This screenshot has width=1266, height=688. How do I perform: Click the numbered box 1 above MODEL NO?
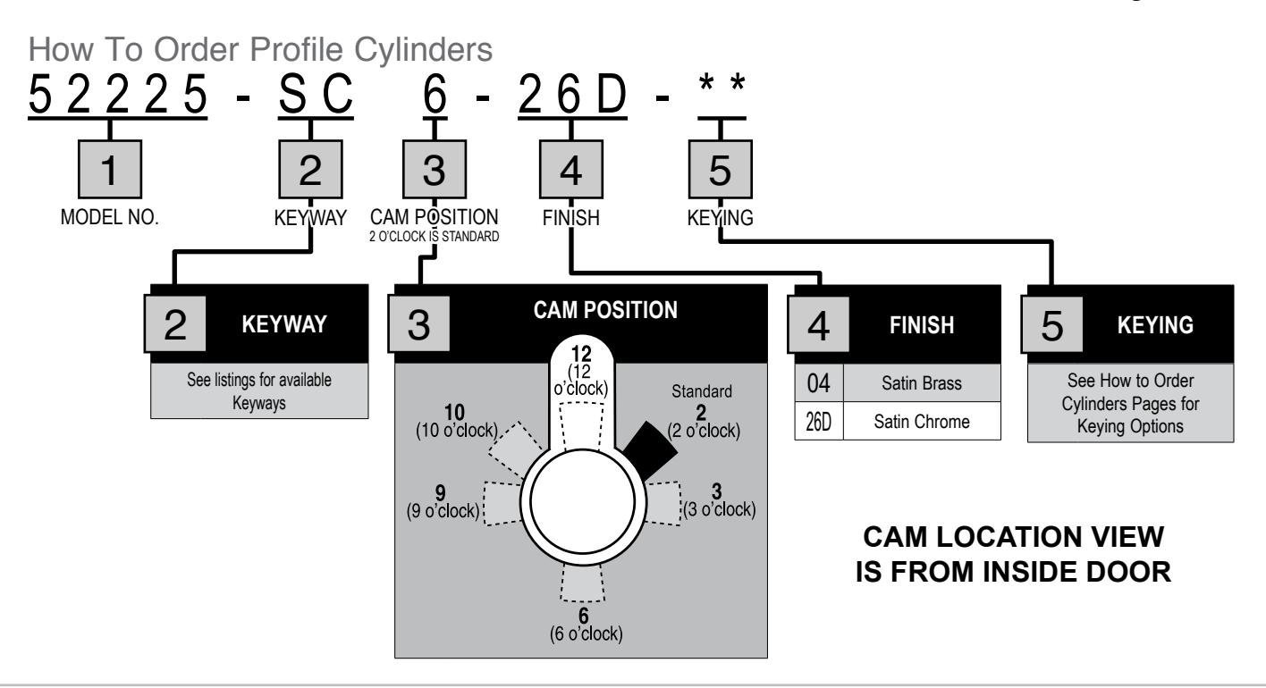[x=110, y=170]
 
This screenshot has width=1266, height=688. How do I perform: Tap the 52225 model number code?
[x=117, y=95]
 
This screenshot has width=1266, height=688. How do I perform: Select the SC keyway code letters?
[x=316, y=95]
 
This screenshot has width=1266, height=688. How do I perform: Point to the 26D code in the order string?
[x=572, y=95]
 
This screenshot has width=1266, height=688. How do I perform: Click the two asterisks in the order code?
[x=722, y=84]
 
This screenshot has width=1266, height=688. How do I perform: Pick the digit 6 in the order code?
[x=435, y=95]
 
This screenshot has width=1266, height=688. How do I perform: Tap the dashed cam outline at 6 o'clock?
[x=583, y=583]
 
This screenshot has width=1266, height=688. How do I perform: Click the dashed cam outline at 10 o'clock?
[x=517, y=449]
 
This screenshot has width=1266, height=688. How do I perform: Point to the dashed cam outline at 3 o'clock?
[x=663, y=503]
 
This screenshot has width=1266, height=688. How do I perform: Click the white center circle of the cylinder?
[x=583, y=501]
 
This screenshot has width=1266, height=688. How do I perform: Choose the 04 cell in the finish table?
[x=819, y=383]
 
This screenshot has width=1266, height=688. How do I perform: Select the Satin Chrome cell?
[x=922, y=421]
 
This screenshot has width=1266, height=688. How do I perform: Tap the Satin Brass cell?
[x=922, y=383]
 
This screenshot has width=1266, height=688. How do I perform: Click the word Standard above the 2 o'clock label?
[x=701, y=390]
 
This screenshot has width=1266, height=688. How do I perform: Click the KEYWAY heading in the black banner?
[x=284, y=324]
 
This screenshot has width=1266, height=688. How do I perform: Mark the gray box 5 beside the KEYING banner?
[x=1051, y=324]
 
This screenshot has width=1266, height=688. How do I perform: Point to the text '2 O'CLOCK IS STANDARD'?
[x=434, y=236]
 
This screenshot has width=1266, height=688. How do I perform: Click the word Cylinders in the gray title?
[x=423, y=50]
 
